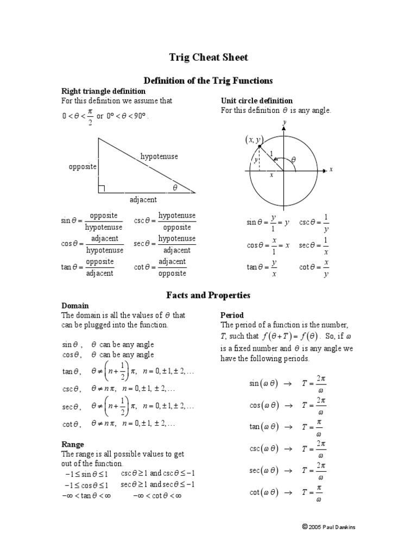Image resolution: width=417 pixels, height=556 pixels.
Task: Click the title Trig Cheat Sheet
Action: (x=208, y=58)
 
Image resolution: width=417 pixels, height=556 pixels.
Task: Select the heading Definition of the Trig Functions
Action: (x=208, y=80)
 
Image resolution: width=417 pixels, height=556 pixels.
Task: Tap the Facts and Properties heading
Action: (x=208, y=295)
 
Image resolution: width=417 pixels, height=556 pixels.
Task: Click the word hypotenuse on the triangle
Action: (x=159, y=156)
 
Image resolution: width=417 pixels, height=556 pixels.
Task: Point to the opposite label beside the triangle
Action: (x=83, y=166)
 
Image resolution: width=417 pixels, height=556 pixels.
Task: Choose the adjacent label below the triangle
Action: (x=143, y=200)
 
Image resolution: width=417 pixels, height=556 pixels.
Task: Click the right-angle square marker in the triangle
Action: (x=102, y=189)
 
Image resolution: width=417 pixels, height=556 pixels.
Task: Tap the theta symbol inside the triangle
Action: (x=175, y=187)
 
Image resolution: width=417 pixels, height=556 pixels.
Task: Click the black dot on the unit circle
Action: (x=260, y=147)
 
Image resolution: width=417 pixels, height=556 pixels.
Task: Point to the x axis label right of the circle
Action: (x=331, y=169)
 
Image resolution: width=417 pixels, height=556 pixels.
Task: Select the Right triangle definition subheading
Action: (x=103, y=91)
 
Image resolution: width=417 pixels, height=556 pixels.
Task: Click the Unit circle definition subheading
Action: (x=256, y=100)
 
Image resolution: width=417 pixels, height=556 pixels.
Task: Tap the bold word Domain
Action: (x=75, y=306)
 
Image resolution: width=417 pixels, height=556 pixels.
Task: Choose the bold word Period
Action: (x=232, y=315)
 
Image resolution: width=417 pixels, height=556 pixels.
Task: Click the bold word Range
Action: (x=72, y=444)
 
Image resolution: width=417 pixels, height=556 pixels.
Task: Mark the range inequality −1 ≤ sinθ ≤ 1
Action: (x=86, y=474)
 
